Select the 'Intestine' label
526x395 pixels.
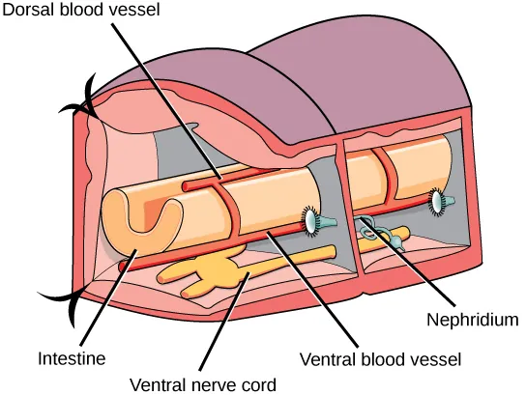71,358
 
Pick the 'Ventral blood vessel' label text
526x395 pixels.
380,358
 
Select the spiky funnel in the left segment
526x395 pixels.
311,220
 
